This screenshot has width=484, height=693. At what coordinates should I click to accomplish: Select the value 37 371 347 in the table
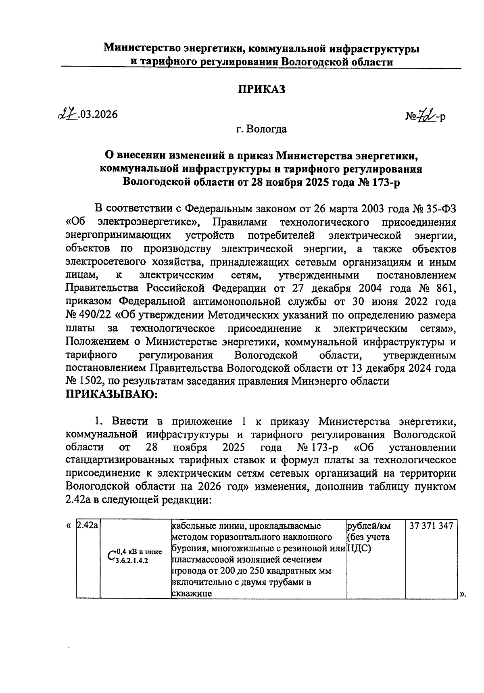coord(431,526)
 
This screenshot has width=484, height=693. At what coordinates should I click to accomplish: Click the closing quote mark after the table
coord(463,593)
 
